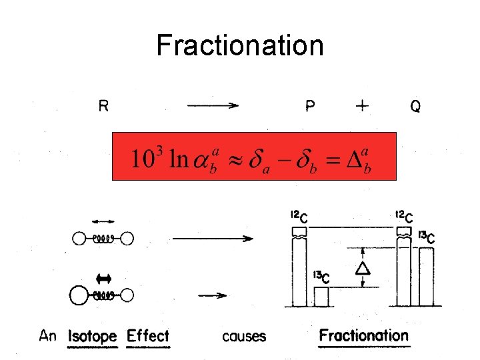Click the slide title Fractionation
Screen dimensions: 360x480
240,46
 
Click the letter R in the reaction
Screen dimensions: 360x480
104,105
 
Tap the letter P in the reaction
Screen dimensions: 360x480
311,106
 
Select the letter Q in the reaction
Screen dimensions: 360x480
415,106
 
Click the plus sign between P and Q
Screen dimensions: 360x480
363,106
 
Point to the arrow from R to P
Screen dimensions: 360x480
213,105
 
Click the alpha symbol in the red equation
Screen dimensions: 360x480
199,159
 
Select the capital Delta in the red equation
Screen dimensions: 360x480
357,159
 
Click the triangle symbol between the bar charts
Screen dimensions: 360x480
363,269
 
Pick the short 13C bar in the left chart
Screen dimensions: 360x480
321,297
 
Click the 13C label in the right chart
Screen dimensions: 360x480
427,238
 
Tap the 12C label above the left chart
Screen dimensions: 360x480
299,217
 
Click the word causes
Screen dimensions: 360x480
244,336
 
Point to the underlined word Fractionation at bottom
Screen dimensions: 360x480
363,335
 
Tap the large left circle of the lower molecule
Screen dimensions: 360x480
79,295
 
